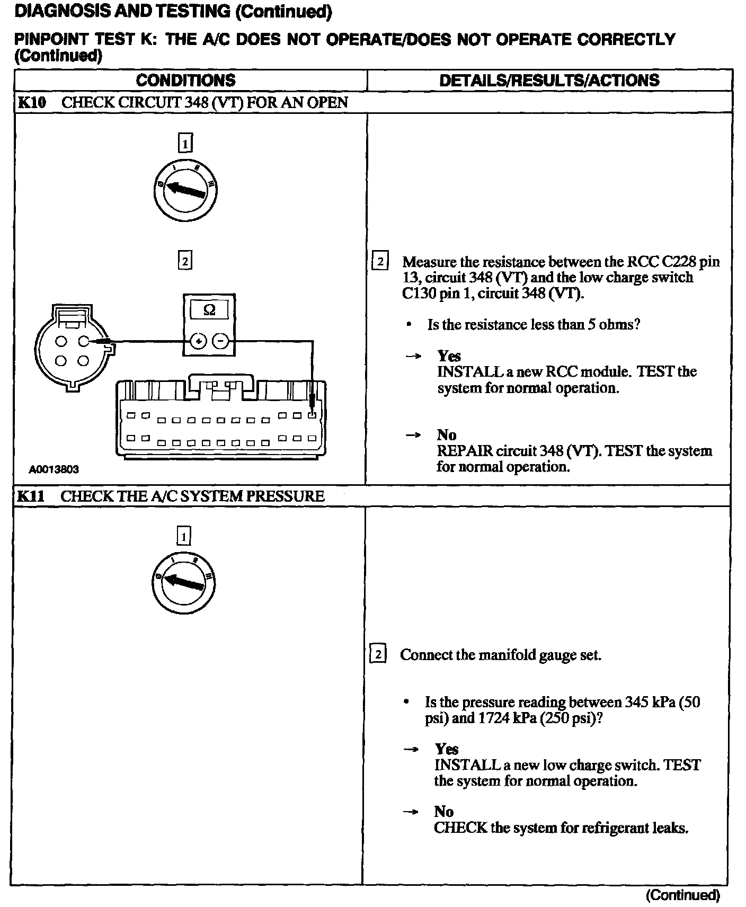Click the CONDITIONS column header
point(185,81)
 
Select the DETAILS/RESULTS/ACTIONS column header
point(549,81)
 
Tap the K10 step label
point(32,102)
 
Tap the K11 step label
point(31,496)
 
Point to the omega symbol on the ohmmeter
point(209,310)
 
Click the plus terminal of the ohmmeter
point(199,342)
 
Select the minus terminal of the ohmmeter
point(221,342)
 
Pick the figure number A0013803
point(54,469)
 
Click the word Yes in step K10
point(449,356)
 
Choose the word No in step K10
point(447,435)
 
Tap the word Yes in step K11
point(447,749)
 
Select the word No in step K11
point(444,812)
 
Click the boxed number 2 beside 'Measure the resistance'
point(380,262)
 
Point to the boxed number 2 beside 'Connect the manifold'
point(377,655)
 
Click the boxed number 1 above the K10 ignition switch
point(184,144)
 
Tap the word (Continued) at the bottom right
point(682,895)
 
